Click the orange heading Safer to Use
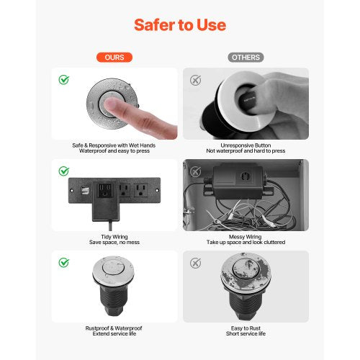click(180, 25)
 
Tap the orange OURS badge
click(115, 57)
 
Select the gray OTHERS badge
click(246, 57)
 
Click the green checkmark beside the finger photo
click(63, 79)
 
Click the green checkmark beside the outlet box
click(63, 171)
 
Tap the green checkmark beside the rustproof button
click(63, 262)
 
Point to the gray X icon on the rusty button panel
click(194, 262)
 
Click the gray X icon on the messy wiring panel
click(194, 171)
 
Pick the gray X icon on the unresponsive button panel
click(194, 79)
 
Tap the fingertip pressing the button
click(114, 108)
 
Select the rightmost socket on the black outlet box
click(139, 191)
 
